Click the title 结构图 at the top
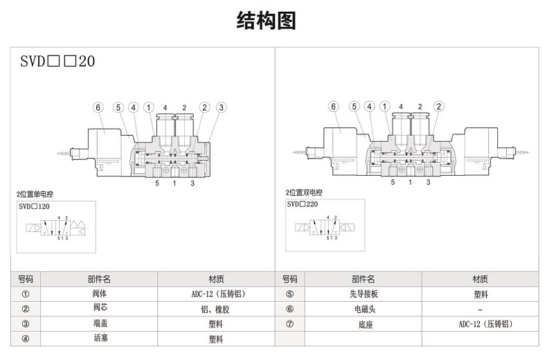(267, 21)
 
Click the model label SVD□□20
(57, 61)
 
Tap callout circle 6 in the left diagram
(98, 107)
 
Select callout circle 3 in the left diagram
(221, 107)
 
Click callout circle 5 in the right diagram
(354, 107)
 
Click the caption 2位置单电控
(35, 193)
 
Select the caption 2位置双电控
(304, 192)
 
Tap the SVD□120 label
(35, 206)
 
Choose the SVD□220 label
(302, 205)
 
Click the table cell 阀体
(100, 294)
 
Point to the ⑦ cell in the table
(290, 324)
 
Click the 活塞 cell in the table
(100, 339)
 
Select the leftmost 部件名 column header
(100, 279)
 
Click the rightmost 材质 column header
(480, 279)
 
